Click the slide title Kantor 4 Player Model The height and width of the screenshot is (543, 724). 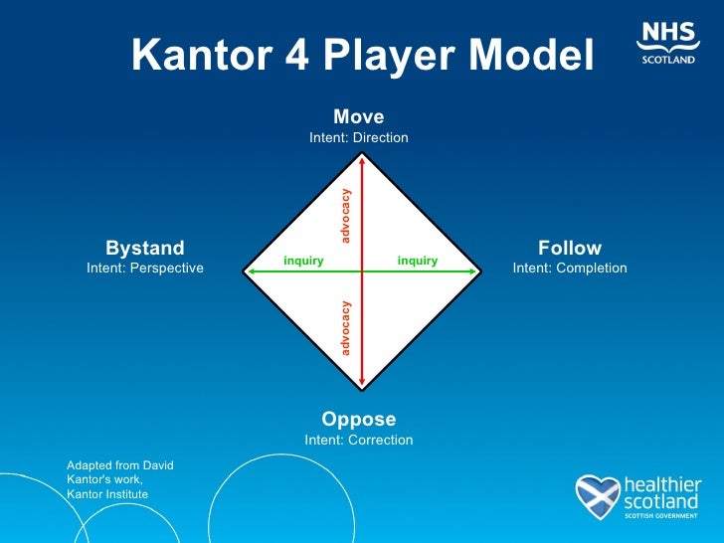click(x=362, y=56)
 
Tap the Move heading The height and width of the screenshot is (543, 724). click(x=358, y=117)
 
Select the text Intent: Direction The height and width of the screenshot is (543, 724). click(x=358, y=138)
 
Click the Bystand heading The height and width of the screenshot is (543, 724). click(x=145, y=248)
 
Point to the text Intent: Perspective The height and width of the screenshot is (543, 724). click(x=145, y=269)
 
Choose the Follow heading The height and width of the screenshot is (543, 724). click(x=570, y=248)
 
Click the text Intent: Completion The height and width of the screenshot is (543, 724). click(x=570, y=269)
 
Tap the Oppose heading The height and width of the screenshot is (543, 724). click(x=358, y=419)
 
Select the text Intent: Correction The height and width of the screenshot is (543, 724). click(x=358, y=440)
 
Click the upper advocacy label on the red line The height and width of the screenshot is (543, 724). click(x=346, y=215)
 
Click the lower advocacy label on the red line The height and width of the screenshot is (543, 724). click(x=346, y=327)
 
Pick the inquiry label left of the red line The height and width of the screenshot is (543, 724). click(x=303, y=262)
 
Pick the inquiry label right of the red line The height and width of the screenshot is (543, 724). click(x=418, y=262)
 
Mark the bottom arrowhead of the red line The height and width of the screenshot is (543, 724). click(x=363, y=382)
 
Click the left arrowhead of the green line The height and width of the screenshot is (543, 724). click(x=251, y=270)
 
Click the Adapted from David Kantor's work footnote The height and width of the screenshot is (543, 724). click(x=119, y=479)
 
